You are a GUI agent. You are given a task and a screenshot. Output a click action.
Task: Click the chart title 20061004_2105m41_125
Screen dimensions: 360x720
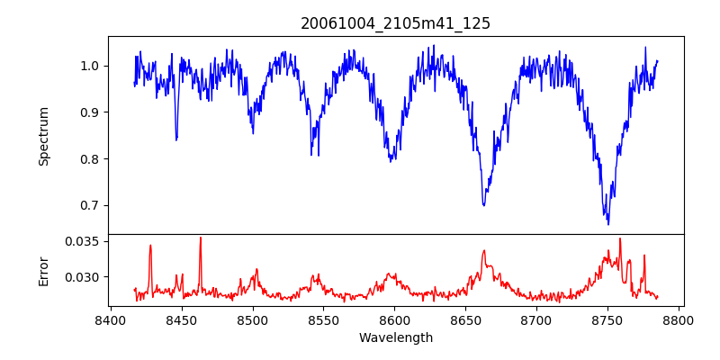[x=395, y=23]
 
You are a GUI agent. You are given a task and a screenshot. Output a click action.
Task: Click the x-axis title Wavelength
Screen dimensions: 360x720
[x=395, y=337]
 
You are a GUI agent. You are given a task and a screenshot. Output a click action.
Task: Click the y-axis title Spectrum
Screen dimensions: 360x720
[x=43, y=136]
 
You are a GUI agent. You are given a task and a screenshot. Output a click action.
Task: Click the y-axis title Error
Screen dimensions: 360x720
[x=43, y=270]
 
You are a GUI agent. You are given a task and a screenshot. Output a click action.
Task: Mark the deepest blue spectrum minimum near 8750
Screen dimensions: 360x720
[x=608, y=223]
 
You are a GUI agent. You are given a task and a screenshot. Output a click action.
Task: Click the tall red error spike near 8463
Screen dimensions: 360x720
[x=200, y=238]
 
